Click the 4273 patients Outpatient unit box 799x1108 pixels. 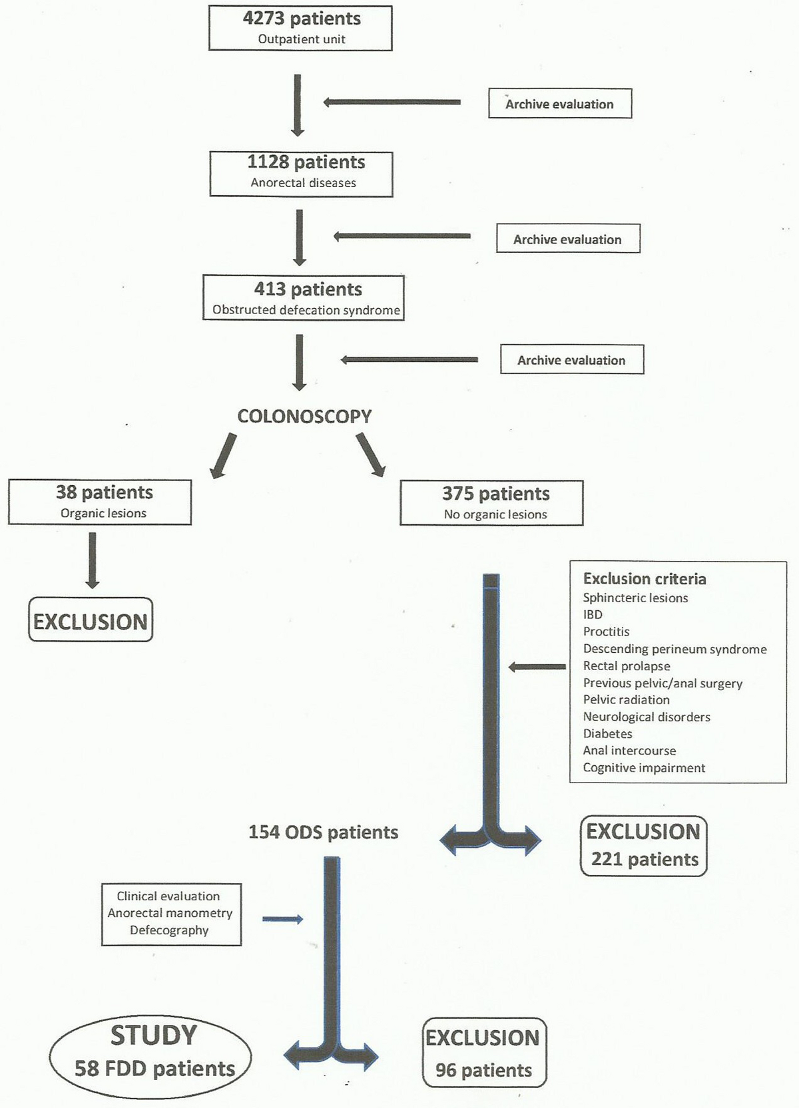[300, 28]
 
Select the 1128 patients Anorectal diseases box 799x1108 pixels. [301, 174]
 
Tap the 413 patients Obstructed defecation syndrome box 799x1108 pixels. [304, 297]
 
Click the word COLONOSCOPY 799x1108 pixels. [304, 417]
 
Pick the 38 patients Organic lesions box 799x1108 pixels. [100, 502]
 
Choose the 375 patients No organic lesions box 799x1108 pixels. [491, 502]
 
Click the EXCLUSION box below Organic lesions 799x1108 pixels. [91, 620]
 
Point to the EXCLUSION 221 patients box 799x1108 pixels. [644, 845]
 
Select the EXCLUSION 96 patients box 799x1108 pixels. [484, 1053]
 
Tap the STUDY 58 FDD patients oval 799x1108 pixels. [151, 1051]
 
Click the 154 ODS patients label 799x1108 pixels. [323, 832]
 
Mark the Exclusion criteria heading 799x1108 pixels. [645, 579]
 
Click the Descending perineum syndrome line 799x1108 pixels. [674, 649]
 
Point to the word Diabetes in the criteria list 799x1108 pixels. [607, 733]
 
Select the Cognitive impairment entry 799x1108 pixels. [644, 767]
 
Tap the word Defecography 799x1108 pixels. [169, 930]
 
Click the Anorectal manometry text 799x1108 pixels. [170, 913]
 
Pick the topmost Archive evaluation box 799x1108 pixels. [560, 104]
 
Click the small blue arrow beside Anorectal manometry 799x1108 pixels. [282, 919]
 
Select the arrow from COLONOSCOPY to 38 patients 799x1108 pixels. [223, 455]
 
